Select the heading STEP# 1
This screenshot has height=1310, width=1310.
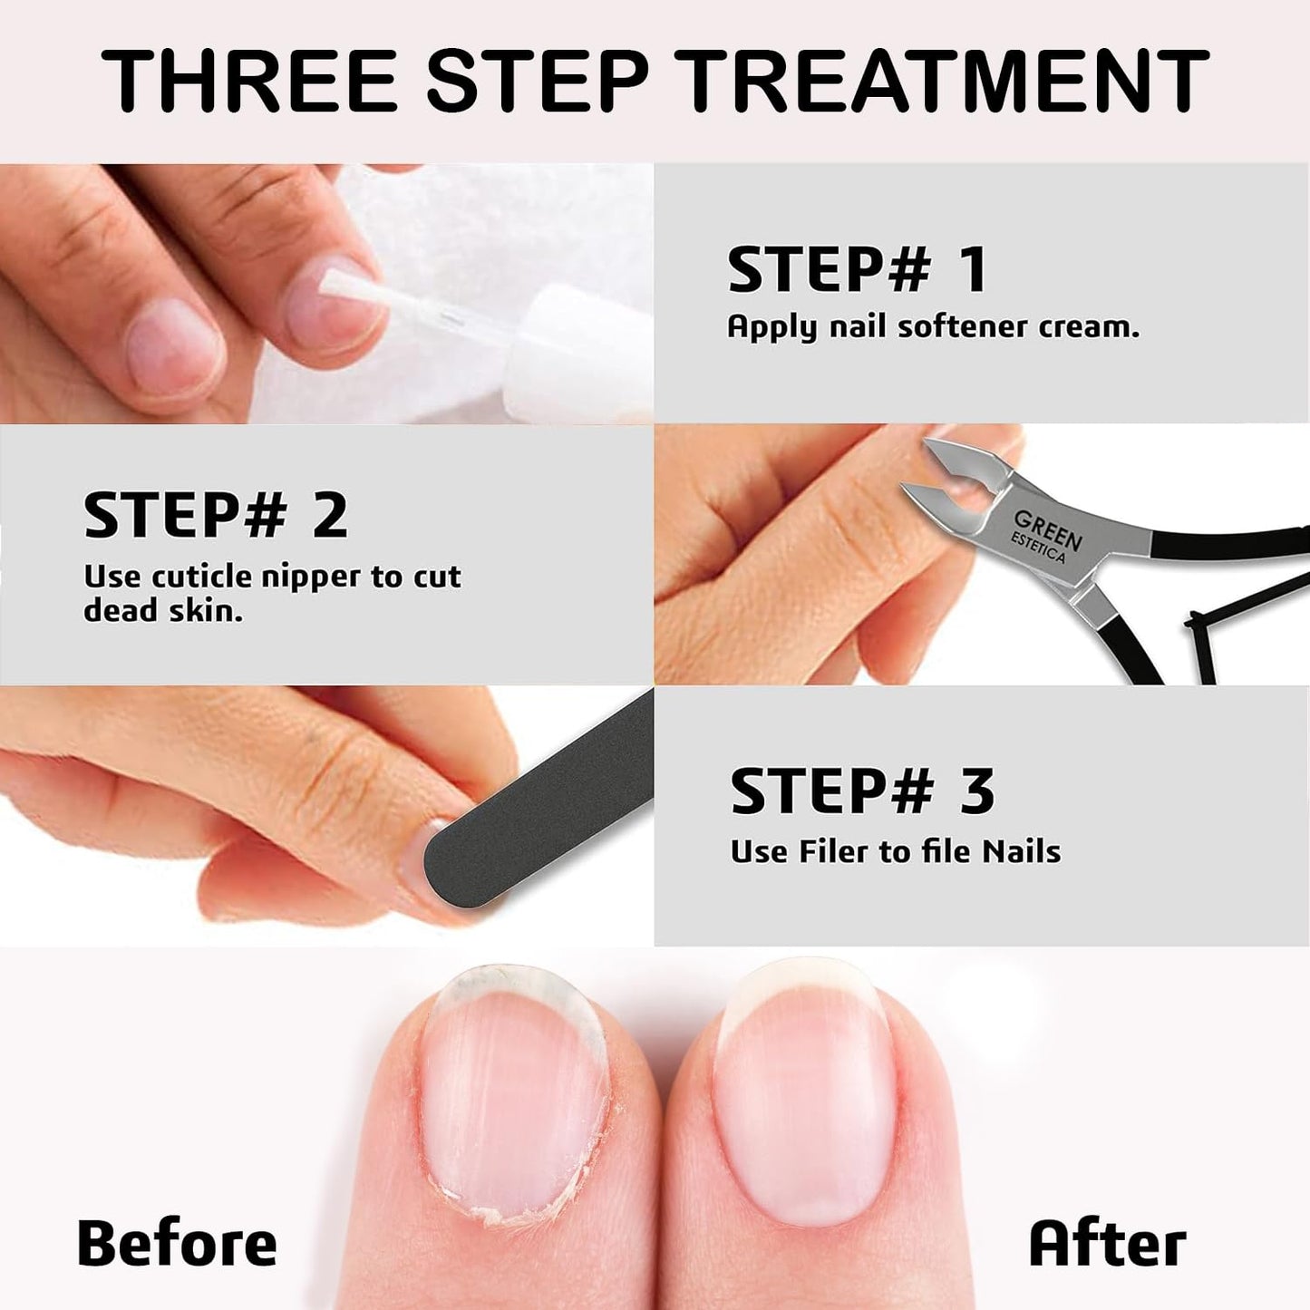tap(856, 269)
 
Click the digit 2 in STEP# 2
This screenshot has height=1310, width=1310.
tap(330, 515)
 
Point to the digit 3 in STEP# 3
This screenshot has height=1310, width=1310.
tap(977, 791)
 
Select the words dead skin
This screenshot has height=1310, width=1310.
tap(163, 611)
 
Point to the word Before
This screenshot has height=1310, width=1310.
tap(177, 1243)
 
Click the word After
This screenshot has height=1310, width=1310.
tap(1107, 1243)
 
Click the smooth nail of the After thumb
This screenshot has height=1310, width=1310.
tap(802, 1088)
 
